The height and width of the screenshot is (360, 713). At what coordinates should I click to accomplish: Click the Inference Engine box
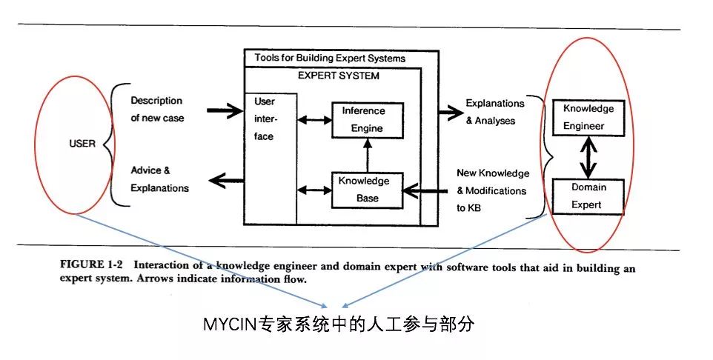[x=362, y=120]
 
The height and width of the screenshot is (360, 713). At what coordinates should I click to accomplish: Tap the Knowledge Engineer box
[x=588, y=117]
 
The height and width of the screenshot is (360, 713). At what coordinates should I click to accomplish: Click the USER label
[x=82, y=143]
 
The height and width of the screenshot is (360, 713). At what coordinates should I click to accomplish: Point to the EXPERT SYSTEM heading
[x=338, y=76]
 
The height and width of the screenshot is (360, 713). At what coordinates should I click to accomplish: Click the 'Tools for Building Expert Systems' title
[x=330, y=58]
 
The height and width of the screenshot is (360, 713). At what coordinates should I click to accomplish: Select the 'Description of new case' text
[x=156, y=109]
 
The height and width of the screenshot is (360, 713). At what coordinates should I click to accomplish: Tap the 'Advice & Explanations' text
[x=159, y=179]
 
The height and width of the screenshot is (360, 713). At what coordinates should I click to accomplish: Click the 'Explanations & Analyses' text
[x=494, y=111]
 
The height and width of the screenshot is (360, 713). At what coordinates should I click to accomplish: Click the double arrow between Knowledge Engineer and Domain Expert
[x=588, y=157]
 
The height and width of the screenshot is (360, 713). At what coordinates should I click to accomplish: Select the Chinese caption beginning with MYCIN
[x=337, y=324]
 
